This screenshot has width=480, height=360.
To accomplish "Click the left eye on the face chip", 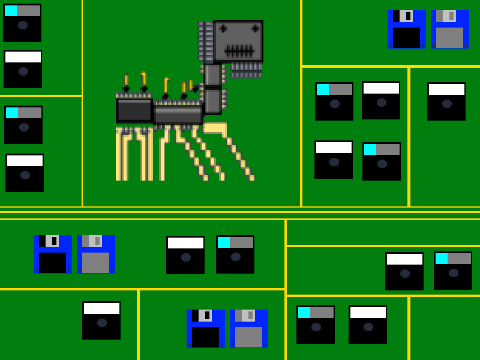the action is coord(223,28).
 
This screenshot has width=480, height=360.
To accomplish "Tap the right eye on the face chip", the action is coord(256,28).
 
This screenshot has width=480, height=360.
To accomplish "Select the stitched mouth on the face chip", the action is coord(239,50).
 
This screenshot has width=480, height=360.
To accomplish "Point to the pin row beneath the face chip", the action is coord(247,70).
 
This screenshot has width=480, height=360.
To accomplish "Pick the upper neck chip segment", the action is coord(212,75).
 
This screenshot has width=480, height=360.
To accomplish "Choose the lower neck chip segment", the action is coord(212,101).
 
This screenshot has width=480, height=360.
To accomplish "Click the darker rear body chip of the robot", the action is coord(134,110).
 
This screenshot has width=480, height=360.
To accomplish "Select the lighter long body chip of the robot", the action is coord(178,114).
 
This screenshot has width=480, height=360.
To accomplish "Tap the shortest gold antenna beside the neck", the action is coord(191,85).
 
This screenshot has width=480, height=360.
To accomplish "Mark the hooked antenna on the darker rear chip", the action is coord(144,80).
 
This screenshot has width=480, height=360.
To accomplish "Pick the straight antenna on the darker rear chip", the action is coord(126,82).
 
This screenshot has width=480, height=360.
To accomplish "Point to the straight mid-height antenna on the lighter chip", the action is coord(184,90).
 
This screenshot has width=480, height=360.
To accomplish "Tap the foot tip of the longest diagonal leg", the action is coord(252,178).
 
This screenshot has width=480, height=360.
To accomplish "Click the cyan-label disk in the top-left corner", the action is coord(22,23).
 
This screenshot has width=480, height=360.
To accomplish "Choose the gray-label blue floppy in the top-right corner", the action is coord(449,29).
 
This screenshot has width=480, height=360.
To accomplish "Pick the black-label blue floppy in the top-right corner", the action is coord(406,29).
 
